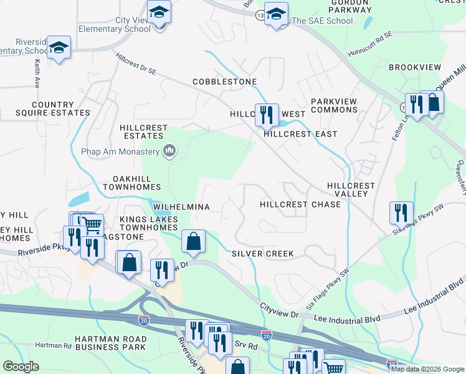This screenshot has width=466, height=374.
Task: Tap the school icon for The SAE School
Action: pos(276,14)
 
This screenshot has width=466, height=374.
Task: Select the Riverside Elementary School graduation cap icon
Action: pos(59,48)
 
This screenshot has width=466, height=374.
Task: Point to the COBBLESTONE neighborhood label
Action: pos(224,82)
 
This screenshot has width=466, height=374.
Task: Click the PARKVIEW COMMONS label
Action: pos(334,105)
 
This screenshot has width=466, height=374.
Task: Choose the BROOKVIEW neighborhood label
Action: pos(414,67)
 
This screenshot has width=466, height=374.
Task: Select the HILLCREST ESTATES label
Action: pos(144,132)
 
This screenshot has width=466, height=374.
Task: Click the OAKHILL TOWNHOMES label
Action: pos(132,183)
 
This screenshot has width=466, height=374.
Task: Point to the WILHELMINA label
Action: pos(181,206)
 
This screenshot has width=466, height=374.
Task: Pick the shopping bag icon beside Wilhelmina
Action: pos(194,241)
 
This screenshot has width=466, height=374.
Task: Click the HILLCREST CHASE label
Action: pos(300,204)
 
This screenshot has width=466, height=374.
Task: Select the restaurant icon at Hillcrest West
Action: pos(267,114)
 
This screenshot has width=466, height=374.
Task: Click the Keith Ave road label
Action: pos(37,73)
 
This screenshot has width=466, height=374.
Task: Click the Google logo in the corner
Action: pos(21,367)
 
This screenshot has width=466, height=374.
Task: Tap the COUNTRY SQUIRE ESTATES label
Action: pos(52,109)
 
